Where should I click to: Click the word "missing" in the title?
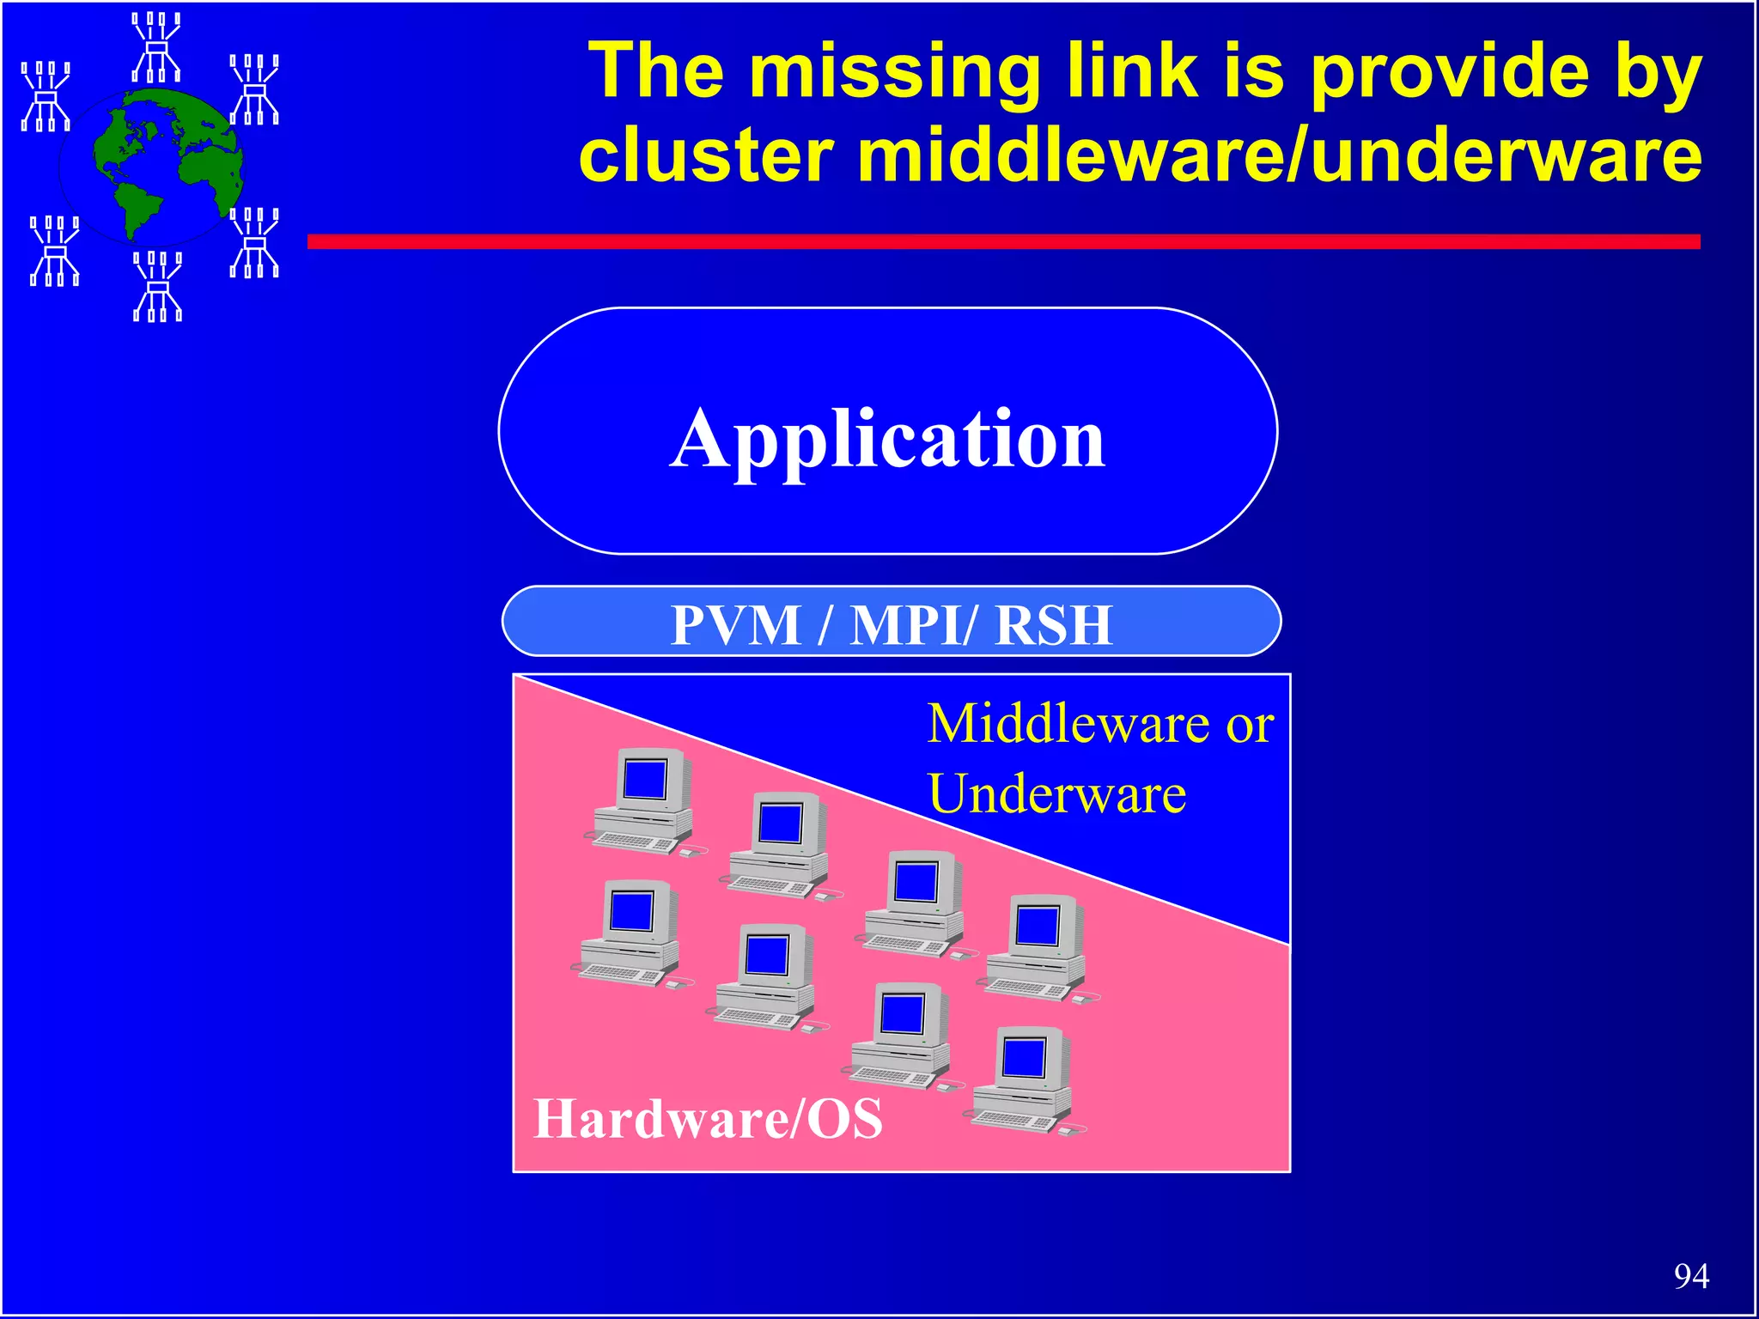(x=894, y=74)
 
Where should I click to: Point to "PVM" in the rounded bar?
(x=736, y=624)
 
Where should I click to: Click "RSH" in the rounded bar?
(x=1054, y=624)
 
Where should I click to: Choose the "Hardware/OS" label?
(x=708, y=1118)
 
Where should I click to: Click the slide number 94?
(x=1690, y=1276)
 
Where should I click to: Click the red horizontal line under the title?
(x=1003, y=242)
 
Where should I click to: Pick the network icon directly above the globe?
(x=156, y=47)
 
